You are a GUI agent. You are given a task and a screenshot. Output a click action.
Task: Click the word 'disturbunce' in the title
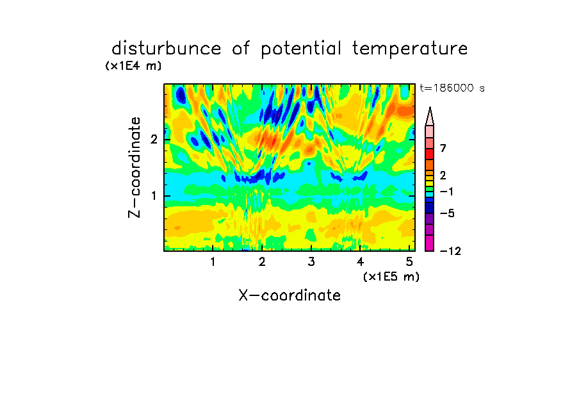pos(166,49)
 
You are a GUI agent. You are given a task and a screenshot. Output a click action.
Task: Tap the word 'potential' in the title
pos(300,49)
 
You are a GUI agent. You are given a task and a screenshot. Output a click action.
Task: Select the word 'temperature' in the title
pos(410,49)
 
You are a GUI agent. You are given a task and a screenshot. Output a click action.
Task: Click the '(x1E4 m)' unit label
pos(133,66)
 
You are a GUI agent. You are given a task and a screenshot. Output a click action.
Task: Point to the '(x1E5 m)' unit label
pos(391,276)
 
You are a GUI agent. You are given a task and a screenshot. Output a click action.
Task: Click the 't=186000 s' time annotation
pos(452,88)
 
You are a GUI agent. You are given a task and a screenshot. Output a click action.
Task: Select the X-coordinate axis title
pos(289,295)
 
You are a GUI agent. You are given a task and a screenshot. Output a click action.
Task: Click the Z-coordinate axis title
pos(135,167)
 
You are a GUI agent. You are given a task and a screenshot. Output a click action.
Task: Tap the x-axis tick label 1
pos(213,261)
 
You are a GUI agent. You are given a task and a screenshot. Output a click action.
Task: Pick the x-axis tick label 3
pos(311,261)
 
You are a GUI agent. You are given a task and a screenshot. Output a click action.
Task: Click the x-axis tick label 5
pos(409,261)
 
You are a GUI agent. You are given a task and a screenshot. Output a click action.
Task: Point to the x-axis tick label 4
pos(361,261)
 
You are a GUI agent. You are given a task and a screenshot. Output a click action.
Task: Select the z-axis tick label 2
pos(154,139)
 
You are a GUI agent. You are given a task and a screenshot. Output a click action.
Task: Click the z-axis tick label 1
pos(154,195)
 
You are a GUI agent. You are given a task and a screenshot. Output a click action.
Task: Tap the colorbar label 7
pos(443,148)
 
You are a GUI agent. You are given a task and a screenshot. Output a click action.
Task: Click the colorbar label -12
pos(450,251)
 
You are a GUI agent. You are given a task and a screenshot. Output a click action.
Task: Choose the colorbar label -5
pos(447,213)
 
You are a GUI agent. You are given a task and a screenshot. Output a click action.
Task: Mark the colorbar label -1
pos(446,192)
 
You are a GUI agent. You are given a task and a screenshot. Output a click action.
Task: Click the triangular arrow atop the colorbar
pos(430,116)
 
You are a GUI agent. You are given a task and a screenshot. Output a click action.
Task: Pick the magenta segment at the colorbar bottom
pos(430,243)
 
